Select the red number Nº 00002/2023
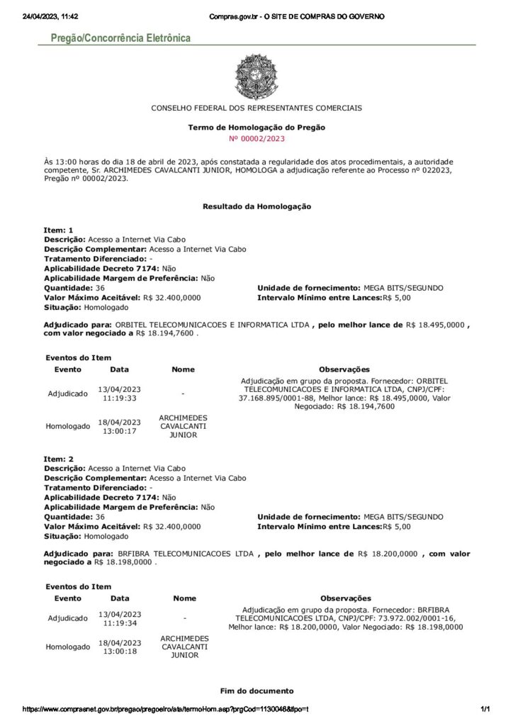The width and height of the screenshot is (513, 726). click(x=256, y=138)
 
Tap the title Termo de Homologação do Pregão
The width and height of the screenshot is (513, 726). click(x=256, y=128)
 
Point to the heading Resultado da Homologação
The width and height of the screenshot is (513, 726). click(x=256, y=206)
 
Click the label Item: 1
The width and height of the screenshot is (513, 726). click(x=59, y=230)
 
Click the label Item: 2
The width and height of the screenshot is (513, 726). click(x=59, y=459)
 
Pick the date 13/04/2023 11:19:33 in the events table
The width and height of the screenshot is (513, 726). click(x=120, y=393)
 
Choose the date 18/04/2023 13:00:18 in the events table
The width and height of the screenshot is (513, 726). click(x=120, y=647)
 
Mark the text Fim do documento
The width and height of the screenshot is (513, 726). click(x=256, y=691)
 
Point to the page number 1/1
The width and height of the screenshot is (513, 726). click(x=485, y=710)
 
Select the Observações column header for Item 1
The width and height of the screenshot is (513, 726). click(x=344, y=369)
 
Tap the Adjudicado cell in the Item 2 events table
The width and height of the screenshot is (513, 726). click(x=68, y=618)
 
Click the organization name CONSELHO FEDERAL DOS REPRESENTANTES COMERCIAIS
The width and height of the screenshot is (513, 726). click(x=256, y=108)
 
